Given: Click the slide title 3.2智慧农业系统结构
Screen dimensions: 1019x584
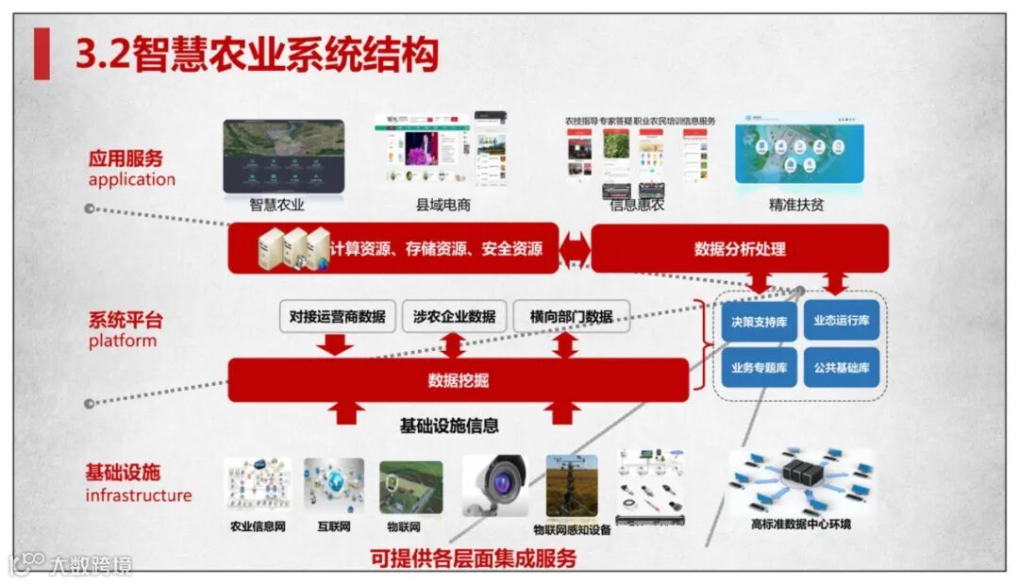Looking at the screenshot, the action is pos(257,54).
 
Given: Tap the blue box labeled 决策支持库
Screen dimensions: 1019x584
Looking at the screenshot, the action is pos(759,321).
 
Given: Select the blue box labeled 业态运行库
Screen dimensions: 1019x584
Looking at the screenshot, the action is pos(842,320).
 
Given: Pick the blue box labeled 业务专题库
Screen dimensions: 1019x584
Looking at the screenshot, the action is pos(759,367).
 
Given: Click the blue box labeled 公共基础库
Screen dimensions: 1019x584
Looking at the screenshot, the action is pos(842,367).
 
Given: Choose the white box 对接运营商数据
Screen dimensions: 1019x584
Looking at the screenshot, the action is pos(337,317).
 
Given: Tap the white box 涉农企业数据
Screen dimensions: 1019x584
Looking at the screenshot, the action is pos(454,317).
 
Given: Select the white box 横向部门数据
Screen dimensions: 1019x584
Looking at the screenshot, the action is pos(571,317).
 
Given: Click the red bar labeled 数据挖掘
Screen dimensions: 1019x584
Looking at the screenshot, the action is pos(459,380).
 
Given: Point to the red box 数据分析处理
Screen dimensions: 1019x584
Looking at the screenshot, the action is pos(740,249).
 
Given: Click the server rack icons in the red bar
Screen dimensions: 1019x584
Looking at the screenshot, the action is pos(294,249).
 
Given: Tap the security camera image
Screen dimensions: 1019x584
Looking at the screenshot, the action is pos(495,485).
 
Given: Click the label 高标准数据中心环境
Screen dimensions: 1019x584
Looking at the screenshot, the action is pos(800,524).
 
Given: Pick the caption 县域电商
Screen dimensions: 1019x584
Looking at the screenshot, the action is pos(443,204).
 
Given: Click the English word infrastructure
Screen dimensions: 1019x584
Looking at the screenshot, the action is pos(139,495).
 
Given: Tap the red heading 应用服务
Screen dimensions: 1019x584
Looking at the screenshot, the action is pos(125,158).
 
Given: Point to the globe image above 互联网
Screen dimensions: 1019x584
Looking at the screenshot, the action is pos(333,486).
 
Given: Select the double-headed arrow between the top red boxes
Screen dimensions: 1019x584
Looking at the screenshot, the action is pos(574,249).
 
